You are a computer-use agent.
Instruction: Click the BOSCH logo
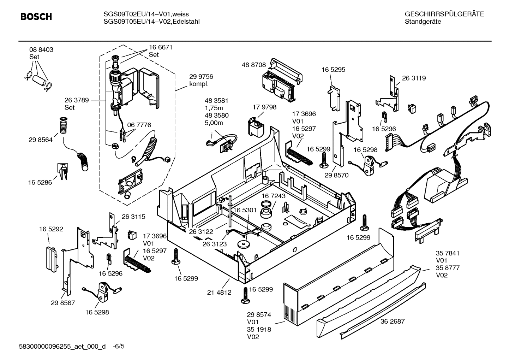(36, 17)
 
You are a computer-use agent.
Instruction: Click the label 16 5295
(333, 70)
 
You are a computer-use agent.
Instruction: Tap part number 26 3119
(414, 78)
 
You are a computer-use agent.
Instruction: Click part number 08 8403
(41, 50)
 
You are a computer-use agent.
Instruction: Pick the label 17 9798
(264, 107)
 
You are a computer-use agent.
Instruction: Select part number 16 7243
(274, 196)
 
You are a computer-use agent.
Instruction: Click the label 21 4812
(219, 292)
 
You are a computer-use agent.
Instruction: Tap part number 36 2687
(393, 321)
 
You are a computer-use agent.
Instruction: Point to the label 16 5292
(51, 229)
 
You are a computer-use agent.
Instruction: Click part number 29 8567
(63, 303)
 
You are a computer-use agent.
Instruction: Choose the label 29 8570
(336, 175)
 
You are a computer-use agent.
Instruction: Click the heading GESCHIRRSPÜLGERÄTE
(444, 14)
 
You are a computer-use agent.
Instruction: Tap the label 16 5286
(40, 182)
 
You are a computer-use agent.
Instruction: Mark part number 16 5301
(245, 210)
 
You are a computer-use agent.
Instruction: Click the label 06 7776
(139, 125)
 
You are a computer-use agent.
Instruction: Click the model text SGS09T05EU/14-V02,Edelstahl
(151, 22)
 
